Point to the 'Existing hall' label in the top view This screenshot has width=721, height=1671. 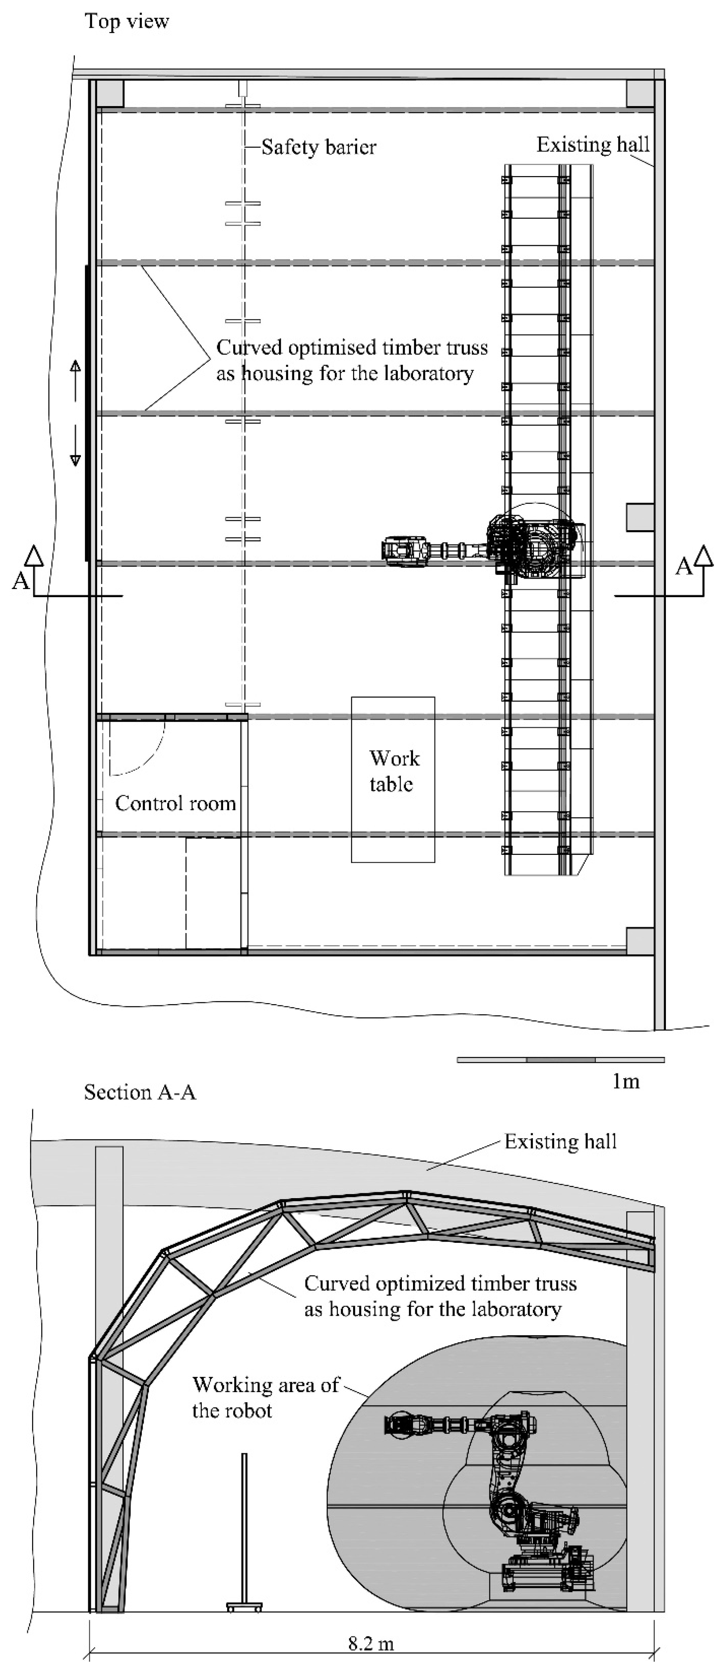592,145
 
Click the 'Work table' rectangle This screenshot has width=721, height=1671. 393,779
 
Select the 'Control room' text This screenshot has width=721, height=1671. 175,804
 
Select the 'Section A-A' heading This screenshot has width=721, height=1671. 140,1092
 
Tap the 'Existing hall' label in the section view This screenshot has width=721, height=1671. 560,1142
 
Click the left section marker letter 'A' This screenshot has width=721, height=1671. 21,581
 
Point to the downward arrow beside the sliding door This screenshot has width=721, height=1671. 75,448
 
